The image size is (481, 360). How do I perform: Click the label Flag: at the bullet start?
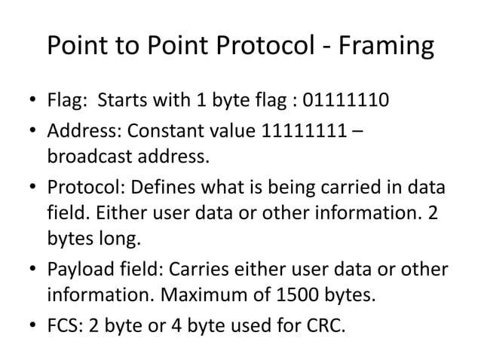pyautogui.click(x=69, y=99)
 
